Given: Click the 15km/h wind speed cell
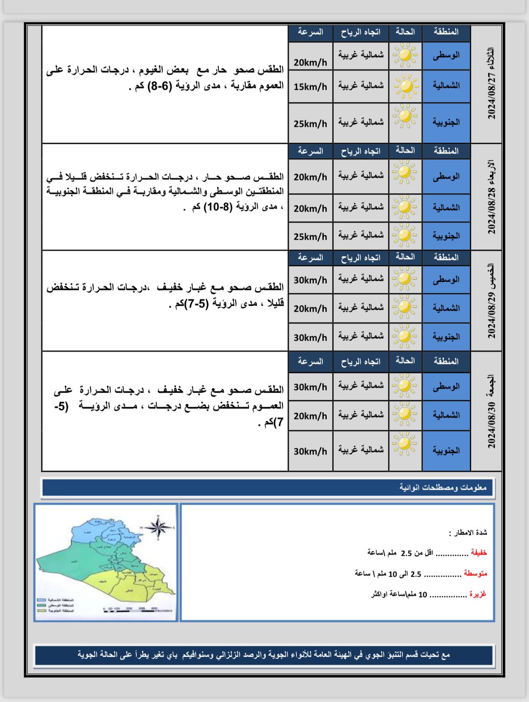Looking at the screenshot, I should point(310,87).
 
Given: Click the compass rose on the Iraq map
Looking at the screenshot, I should point(158,526).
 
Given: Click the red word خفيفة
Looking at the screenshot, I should point(479,553).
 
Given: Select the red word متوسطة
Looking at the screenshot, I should point(475,573).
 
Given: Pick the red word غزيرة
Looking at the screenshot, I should point(478,594).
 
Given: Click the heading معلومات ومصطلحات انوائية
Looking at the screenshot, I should point(443,487).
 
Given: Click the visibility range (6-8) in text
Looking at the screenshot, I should point(160,86).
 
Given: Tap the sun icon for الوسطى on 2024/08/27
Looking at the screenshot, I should point(405,56).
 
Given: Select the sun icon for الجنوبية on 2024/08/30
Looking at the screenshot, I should point(404,444).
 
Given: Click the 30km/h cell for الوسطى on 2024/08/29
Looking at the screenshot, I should point(310,280).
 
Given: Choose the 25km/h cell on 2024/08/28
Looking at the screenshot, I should point(310,236).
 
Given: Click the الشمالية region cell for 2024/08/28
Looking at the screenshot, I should point(446,207).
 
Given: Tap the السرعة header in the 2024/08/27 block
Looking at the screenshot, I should point(310,32).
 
